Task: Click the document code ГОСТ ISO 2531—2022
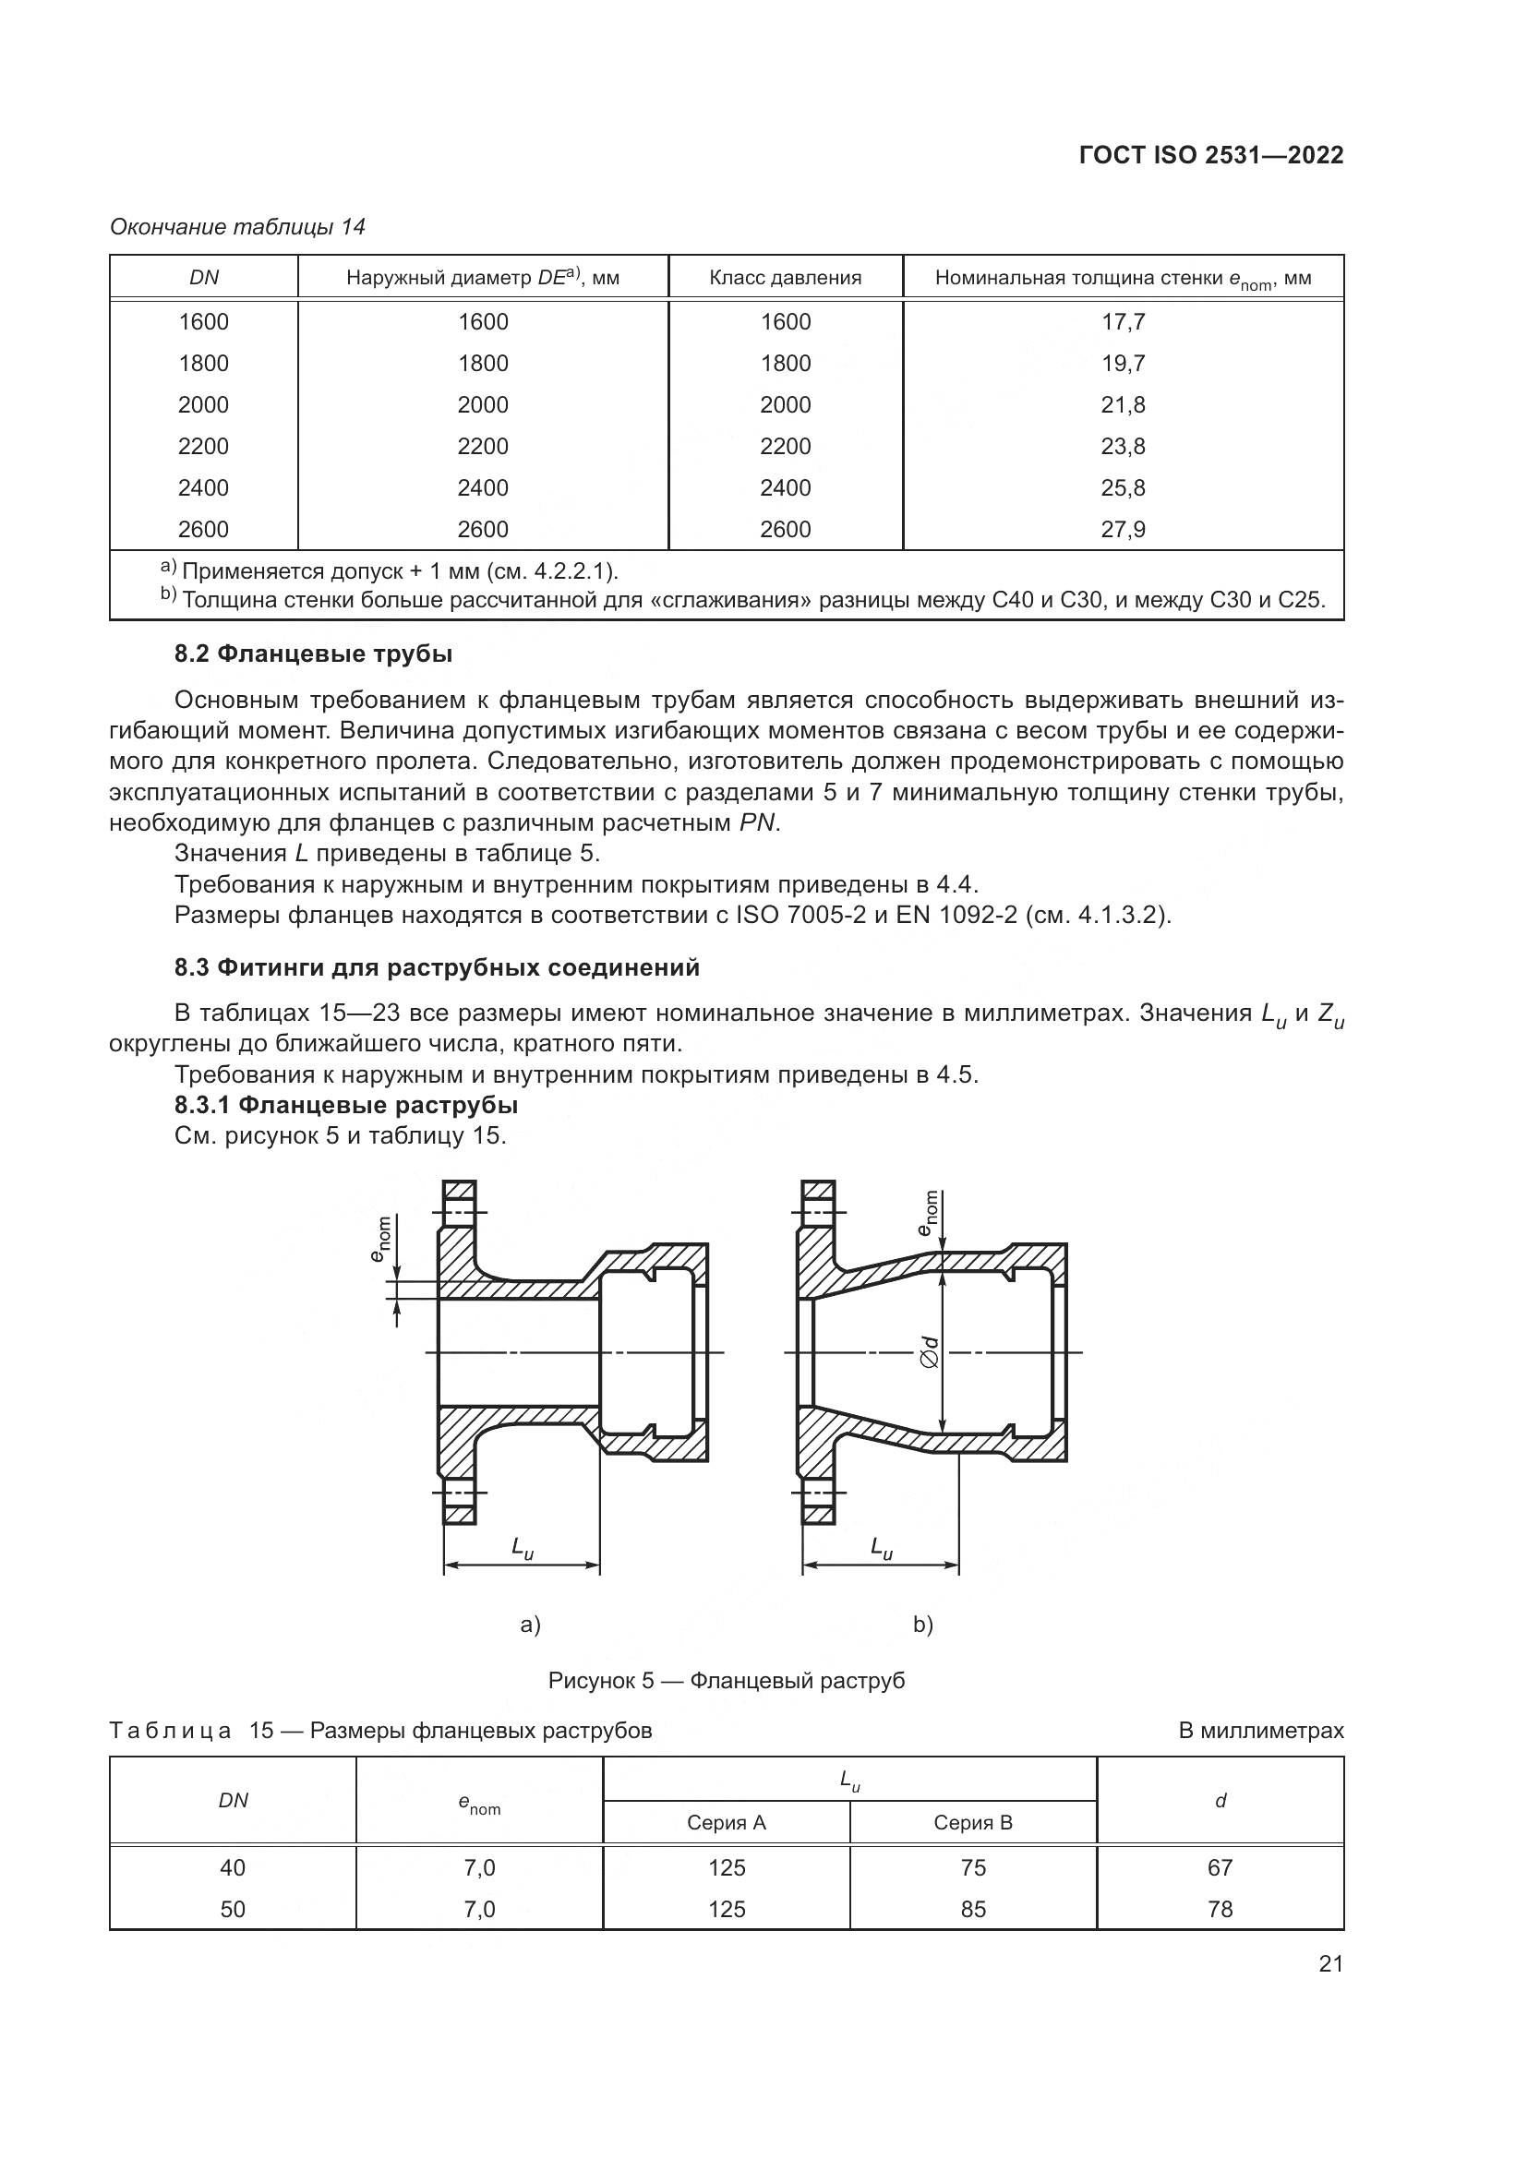pyautogui.click(x=1211, y=155)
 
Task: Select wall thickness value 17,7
pyautogui.click(x=1123, y=321)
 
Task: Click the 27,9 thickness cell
pyautogui.click(x=1123, y=530)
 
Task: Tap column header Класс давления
pyautogui.click(x=785, y=278)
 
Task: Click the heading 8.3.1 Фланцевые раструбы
pyautogui.click(x=346, y=1104)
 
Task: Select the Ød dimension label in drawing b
pyautogui.click(x=930, y=1352)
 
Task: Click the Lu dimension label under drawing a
pyautogui.click(x=522, y=1548)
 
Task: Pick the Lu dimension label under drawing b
pyautogui.click(x=881, y=1548)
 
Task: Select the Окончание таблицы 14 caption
pyautogui.click(x=238, y=227)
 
